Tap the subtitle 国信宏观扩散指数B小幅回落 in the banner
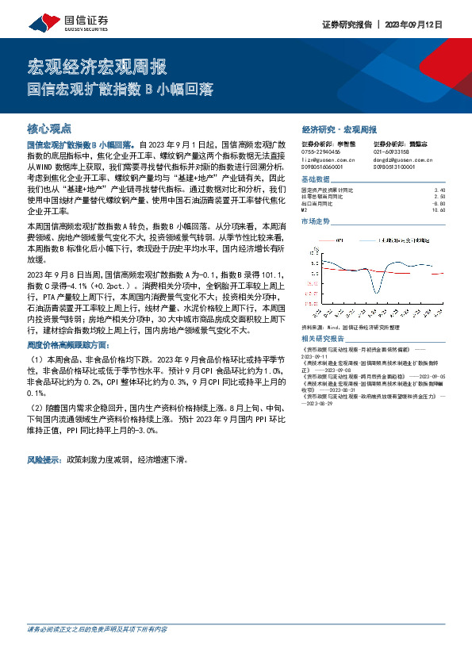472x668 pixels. pyautogui.click(x=121, y=90)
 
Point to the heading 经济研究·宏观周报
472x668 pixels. pyautogui.click(x=340, y=129)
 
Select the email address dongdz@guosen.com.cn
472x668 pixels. pyautogui.click(x=402, y=159)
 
